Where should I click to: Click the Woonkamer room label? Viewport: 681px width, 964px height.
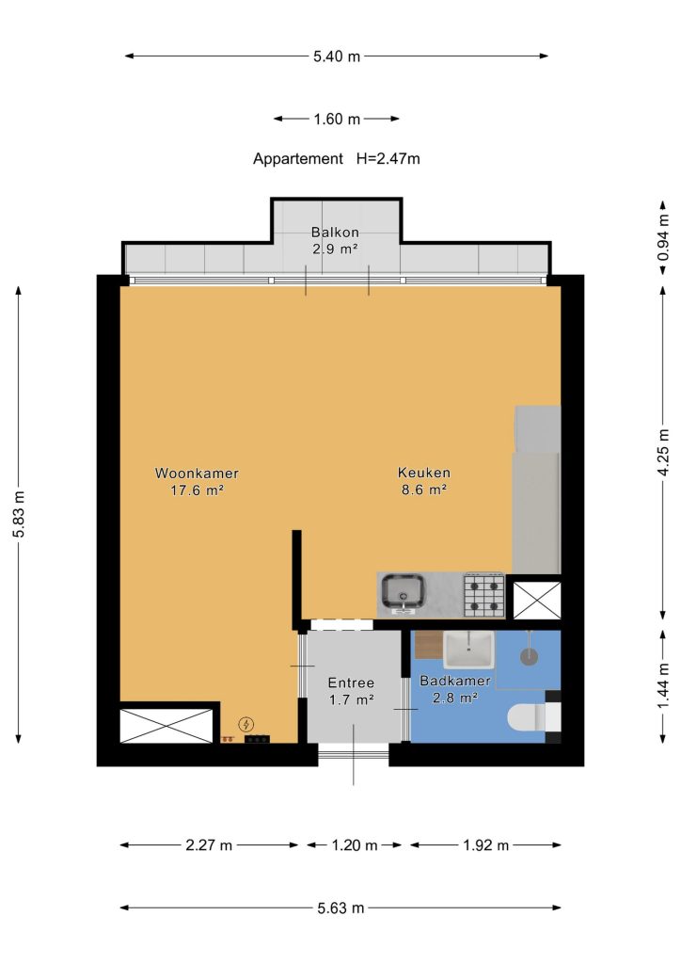pyautogui.click(x=197, y=474)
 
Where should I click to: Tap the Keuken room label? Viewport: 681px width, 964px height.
pyautogui.click(x=423, y=473)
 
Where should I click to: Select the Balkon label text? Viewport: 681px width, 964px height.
pyautogui.click(x=335, y=233)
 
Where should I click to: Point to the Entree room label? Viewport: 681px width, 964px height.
pyautogui.click(x=351, y=683)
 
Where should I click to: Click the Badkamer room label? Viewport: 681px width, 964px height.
pyautogui.click(x=455, y=681)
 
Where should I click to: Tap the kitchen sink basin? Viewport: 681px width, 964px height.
pyautogui.click(x=403, y=592)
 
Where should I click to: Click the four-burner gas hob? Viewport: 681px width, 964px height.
pyautogui.click(x=483, y=595)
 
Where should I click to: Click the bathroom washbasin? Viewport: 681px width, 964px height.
pyautogui.click(x=468, y=650)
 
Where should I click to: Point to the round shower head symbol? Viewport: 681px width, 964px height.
pyautogui.click(x=529, y=655)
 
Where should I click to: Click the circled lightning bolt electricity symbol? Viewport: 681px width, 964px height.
pyautogui.click(x=246, y=725)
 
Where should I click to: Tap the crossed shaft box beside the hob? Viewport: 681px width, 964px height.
pyautogui.click(x=537, y=600)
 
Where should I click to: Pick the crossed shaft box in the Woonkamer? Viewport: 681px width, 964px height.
pyautogui.click(x=166, y=726)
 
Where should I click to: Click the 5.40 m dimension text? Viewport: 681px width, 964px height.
pyautogui.click(x=337, y=56)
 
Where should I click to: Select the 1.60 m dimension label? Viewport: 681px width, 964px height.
pyautogui.click(x=337, y=120)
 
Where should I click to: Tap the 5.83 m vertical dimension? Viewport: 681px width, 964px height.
pyautogui.click(x=19, y=514)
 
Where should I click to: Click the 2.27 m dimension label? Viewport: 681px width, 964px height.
pyautogui.click(x=209, y=845)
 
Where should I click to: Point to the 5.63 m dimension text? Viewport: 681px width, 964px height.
pyautogui.click(x=340, y=908)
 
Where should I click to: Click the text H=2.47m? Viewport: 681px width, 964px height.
pyautogui.click(x=388, y=158)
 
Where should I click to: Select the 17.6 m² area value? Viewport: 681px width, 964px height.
pyautogui.click(x=197, y=490)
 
